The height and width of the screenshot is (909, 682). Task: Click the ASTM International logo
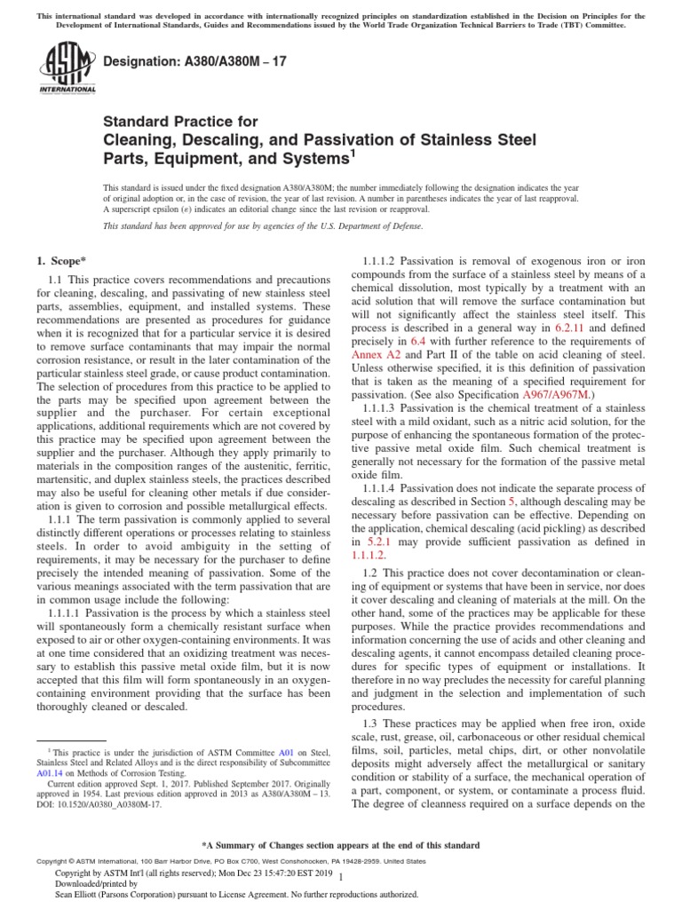tap(67, 69)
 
